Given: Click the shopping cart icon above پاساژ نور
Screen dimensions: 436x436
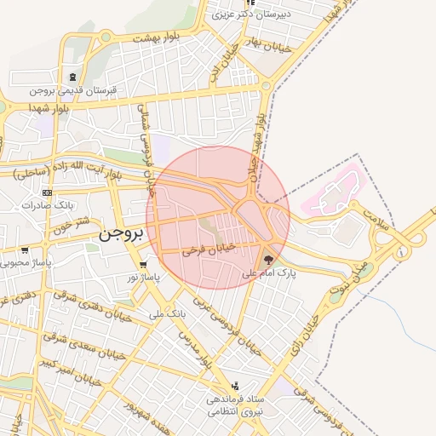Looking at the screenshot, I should click(143, 264).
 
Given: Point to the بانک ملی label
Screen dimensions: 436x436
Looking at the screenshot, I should click(167, 314).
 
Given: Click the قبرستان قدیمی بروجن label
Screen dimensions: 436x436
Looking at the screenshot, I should click(73, 89).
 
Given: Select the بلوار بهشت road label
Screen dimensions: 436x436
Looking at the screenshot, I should click(152, 39).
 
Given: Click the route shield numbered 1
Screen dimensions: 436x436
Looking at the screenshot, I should click(402, 252).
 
